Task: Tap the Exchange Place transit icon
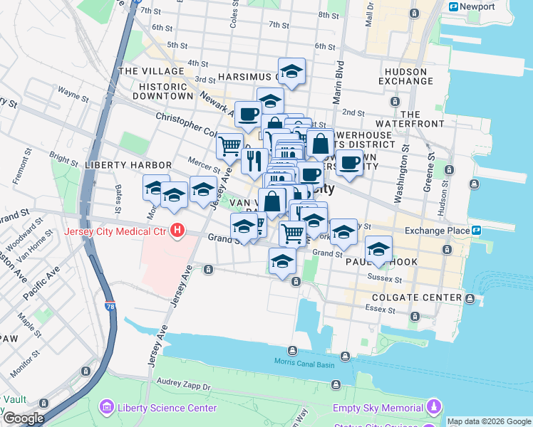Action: [477, 230]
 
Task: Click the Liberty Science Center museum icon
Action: [106, 408]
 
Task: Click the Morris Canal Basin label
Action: [304, 362]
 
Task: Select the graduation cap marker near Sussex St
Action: [378, 248]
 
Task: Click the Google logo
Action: [23, 418]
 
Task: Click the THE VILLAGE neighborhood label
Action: [151, 71]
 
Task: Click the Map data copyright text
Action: [488, 421]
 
